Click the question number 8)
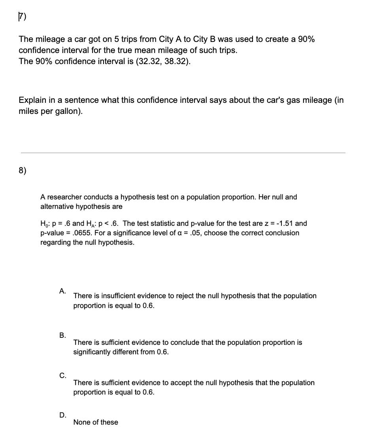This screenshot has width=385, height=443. coord(23,170)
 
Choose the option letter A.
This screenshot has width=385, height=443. coord(62,291)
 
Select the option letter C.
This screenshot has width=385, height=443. coord(62,376)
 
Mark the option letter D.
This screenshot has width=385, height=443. coord(62,415)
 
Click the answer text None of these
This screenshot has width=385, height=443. coord(95,422)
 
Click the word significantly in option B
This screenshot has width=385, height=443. coord(92,352)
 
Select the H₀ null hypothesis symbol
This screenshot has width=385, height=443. coord(44,224)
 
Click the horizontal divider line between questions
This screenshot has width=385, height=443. coord(183,153)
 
